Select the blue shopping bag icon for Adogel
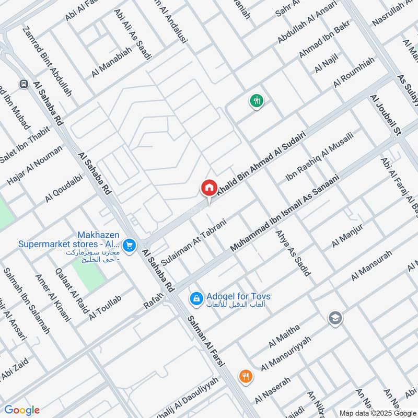click(196, 298)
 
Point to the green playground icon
click(256, 100)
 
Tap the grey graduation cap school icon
click(335, 318)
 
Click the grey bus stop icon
click(23, 84)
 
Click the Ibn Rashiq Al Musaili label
click(319, 157)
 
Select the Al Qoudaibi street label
click(64, 189)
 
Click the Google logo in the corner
click(22, 410)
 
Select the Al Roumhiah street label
click(354, 73)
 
